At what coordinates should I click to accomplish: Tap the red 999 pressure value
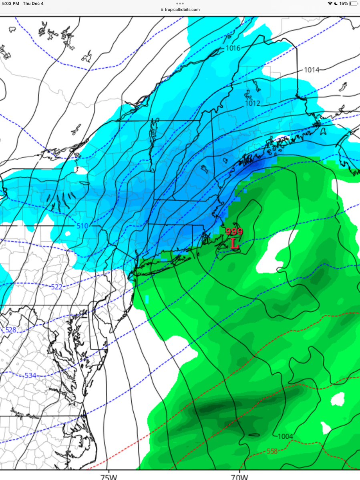click(x=234, y=232)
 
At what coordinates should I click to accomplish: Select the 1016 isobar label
click(x=233, y=48)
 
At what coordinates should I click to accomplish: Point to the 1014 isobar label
click(x=312, y=70)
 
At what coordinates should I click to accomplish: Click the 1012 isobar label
click(x=253, y=103)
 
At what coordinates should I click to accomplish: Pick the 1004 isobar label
click(x=285, y=436)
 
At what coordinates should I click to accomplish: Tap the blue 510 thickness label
click(x=82, y=226)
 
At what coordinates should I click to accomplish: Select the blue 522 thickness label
click(x=57, y=287)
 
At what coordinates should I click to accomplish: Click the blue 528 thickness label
click(x=11, y=329)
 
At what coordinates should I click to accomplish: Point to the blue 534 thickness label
click(x=30, y=375)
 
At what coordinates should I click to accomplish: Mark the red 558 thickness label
click(x=272, y=451)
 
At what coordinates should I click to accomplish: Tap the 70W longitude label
click(x=239, y=477)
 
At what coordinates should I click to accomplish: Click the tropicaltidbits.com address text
click(x=182, y=10)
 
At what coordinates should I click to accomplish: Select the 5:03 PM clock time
click(x=10, y=3)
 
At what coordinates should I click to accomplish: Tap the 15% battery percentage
click(x=344, y=3)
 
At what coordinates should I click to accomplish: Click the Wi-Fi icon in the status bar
click(x=330, y=3)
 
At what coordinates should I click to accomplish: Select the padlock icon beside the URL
click(x=162, y=10)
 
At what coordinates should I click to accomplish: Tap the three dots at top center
click(x=180, y=3)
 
